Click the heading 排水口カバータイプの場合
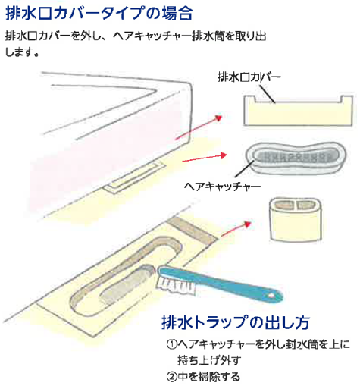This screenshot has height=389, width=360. click(99, 13)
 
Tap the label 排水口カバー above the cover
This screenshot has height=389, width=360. click(249, 77)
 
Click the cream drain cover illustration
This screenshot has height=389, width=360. click(298, 111)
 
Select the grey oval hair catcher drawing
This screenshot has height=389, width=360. click(296, 158)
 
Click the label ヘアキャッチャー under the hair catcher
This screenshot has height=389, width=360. click(222, 187)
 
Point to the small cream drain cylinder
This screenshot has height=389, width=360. click(296, 219)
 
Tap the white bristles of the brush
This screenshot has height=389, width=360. click(177, 285)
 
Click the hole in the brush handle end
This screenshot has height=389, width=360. click(271, 295)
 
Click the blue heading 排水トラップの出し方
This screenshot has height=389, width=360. click(236, 322)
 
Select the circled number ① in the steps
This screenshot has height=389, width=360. click(171, 344)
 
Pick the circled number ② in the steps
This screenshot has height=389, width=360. click(171, 377)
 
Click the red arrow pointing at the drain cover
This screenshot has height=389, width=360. click(199, 127)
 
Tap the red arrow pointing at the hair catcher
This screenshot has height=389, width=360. click(205, 158)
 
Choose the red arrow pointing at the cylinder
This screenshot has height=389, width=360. click(236, 229)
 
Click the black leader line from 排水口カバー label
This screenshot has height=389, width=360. click(267, 94)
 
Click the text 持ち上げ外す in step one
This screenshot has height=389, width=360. click(209, 360)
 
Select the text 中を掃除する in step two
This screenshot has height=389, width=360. click(209, 377)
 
